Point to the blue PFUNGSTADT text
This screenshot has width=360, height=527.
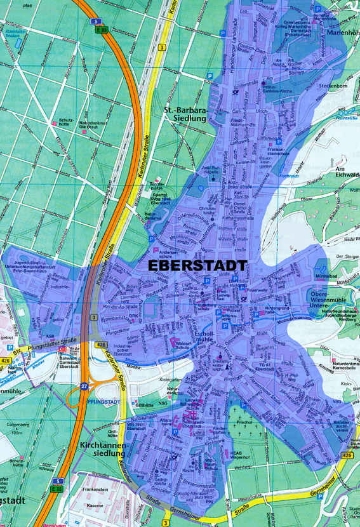pos(107,402)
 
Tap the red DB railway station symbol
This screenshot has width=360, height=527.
pos(62,349)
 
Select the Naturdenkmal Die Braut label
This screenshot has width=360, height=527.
pos(90,126)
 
